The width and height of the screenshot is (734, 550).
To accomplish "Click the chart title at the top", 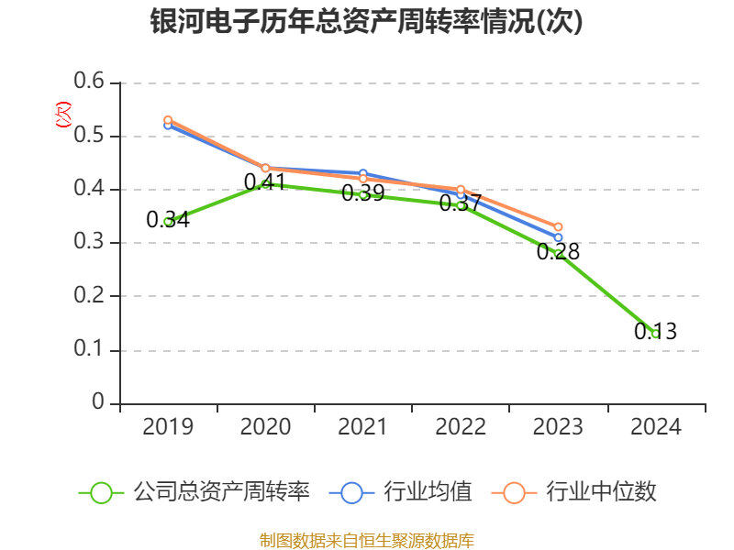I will [x=367, y=22].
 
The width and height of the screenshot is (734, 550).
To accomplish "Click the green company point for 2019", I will [x=168, y=221].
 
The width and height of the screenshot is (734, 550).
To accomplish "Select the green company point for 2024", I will [x=655, y=334].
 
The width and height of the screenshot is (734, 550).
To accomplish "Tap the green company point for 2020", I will [x=266, y=183].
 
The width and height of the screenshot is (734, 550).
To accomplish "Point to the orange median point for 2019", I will [x=168, y=120].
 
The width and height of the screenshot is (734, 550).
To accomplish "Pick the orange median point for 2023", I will [x=558, y=226].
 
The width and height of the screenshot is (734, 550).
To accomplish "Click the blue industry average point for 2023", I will [x=558, y=237].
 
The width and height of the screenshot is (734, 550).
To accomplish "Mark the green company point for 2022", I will [x=461, y=205].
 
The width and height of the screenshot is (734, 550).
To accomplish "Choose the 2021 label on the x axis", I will [x=363, y=427].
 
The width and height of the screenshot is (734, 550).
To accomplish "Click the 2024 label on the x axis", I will [x=656, y=427].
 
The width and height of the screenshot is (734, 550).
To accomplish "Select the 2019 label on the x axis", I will [x=168, y=427].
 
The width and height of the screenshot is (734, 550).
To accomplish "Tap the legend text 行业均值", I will [x=428, y=491].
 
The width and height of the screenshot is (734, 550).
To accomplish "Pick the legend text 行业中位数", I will [x=602, y=491].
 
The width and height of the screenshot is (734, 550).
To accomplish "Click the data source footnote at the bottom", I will [x=367, y=540].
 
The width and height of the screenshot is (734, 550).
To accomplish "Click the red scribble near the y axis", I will [x=63, y=115].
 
